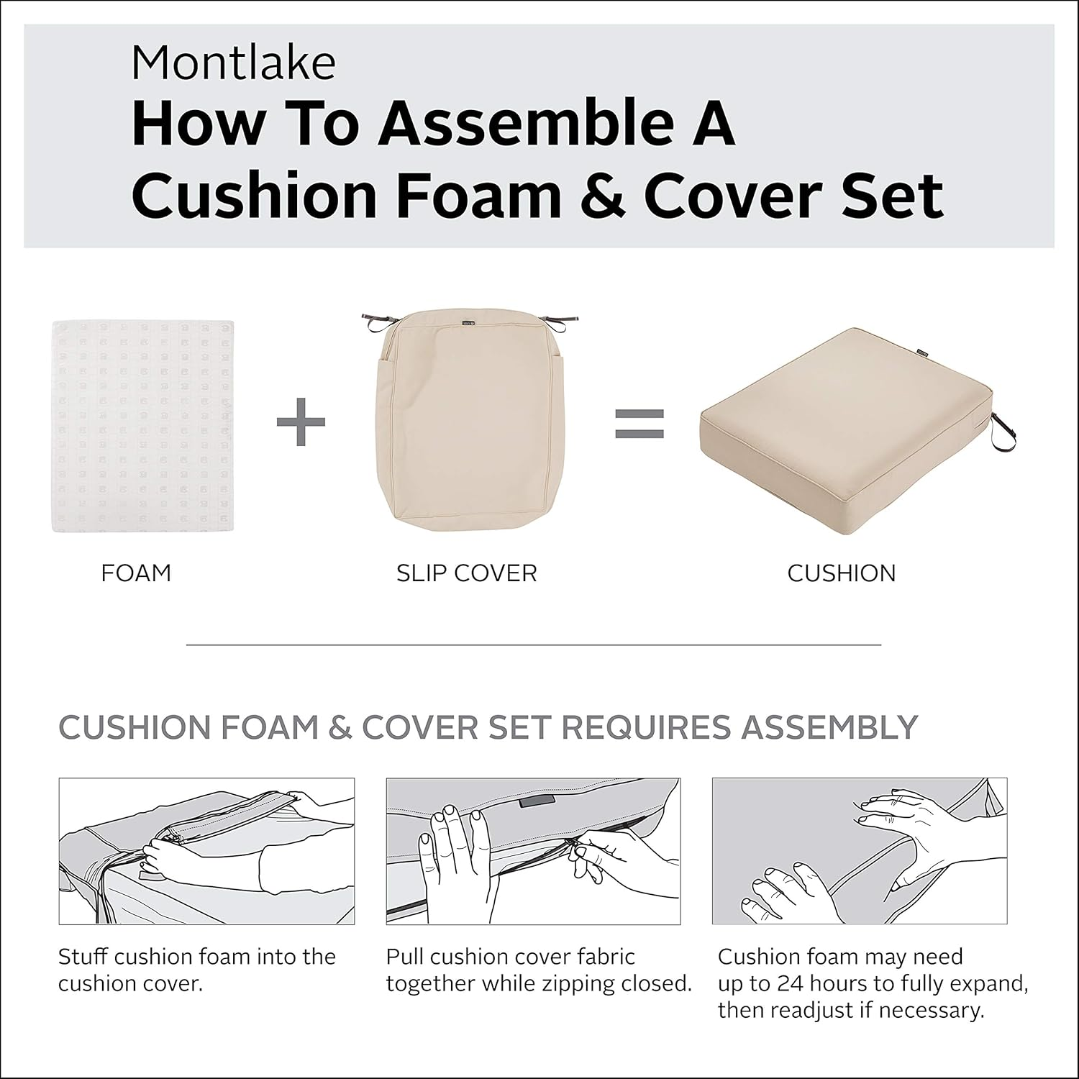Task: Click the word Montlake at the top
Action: click(233, 63)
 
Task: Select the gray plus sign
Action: click(301, 422)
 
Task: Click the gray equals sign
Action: click(639, 424)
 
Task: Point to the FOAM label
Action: click(136, 573)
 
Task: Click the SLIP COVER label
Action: click(466, 573)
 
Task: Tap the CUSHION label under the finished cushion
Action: click(841, 573)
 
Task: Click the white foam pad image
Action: click(142, 426)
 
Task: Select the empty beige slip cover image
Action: click(467, 424)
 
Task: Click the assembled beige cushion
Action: click(842, 424)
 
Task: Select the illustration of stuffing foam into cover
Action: click(206, 851)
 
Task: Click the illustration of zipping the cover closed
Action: click(533, 851)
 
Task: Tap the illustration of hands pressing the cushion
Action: click(859, 851)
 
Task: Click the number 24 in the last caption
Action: click(791, 983)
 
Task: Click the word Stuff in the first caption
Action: click(83, 957)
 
